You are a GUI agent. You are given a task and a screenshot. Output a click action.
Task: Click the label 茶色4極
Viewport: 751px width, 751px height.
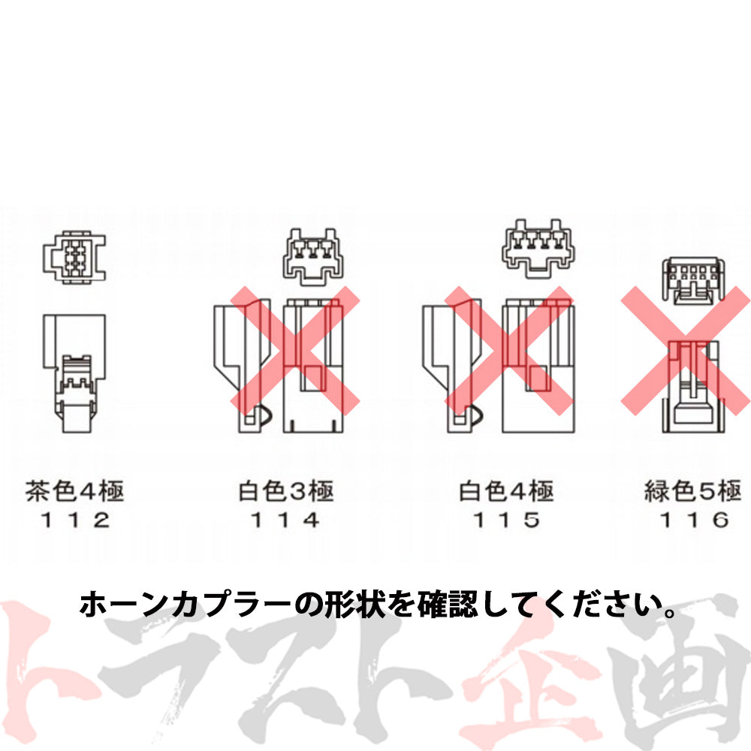[x=74, y=493]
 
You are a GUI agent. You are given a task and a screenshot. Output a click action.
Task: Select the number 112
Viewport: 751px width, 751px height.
[x=74, y=520]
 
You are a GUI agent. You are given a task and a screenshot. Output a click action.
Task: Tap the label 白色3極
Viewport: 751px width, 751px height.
[x=285, y=493]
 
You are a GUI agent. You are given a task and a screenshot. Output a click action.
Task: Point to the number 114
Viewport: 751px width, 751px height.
[x=285, y=520]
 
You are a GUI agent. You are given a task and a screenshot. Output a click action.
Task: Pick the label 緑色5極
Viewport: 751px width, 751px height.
[x=692, y=493]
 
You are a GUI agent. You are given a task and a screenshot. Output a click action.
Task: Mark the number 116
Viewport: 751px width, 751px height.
[x=692, y=520]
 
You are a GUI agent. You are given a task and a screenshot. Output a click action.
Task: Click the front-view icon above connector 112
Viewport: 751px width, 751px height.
[x=74, y=258]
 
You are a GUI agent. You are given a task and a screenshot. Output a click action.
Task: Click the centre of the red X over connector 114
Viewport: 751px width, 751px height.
[x=294, y=350]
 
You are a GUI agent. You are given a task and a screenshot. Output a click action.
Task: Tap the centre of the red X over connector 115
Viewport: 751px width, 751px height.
[x=508, y=350]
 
